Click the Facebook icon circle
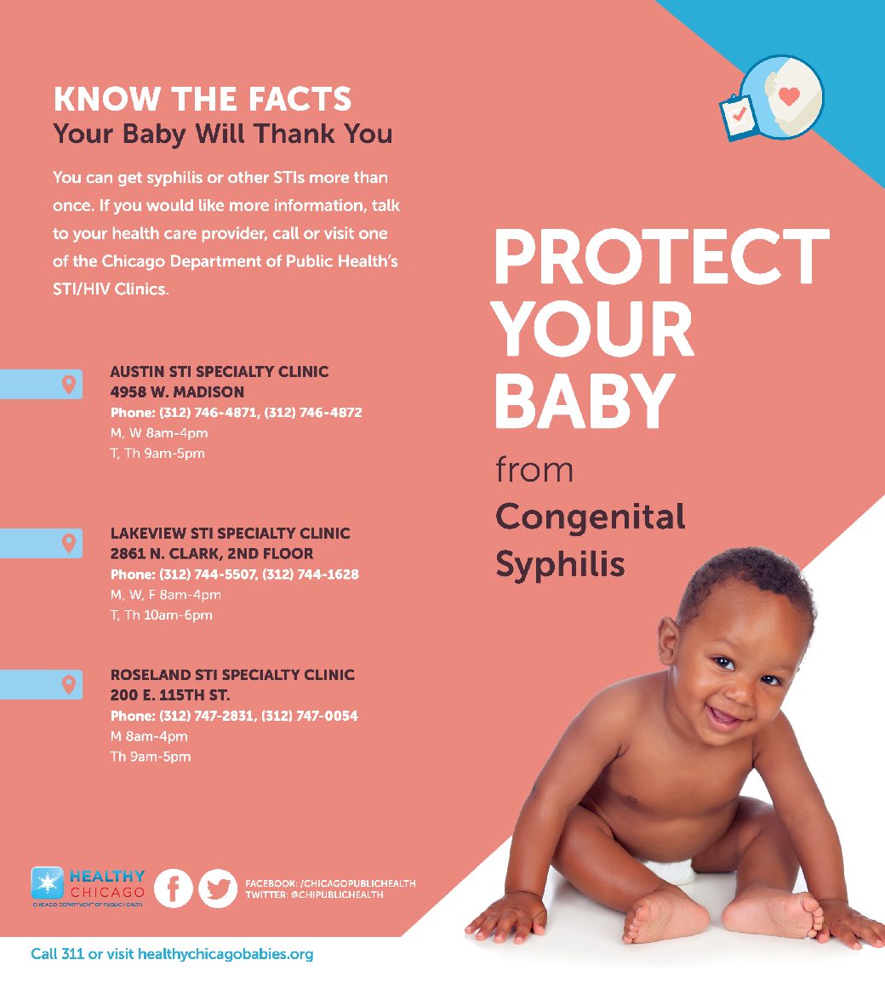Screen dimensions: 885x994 tap(173, 888)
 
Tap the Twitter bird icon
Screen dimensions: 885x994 tap(218, 888)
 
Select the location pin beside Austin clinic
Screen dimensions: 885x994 tap(68, 384)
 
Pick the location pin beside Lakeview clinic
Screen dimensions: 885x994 tap(68, 543)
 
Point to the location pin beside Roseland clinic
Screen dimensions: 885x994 tap(68, 684)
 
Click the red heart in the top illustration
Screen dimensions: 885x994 tap(790, 95)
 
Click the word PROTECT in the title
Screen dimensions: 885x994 tap(662, 257)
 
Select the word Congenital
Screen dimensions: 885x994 tap(591, 517)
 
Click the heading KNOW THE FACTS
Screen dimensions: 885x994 tap(203, 100)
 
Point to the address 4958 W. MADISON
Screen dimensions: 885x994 tap(177, 391)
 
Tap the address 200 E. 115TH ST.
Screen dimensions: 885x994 tap(170, 694)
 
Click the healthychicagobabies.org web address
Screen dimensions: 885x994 tap(225, 954)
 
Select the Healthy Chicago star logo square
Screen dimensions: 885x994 tap(48, 883)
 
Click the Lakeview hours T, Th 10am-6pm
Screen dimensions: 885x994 tap(162, 615)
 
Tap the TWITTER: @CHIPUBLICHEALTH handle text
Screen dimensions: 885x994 tap(315, 894)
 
